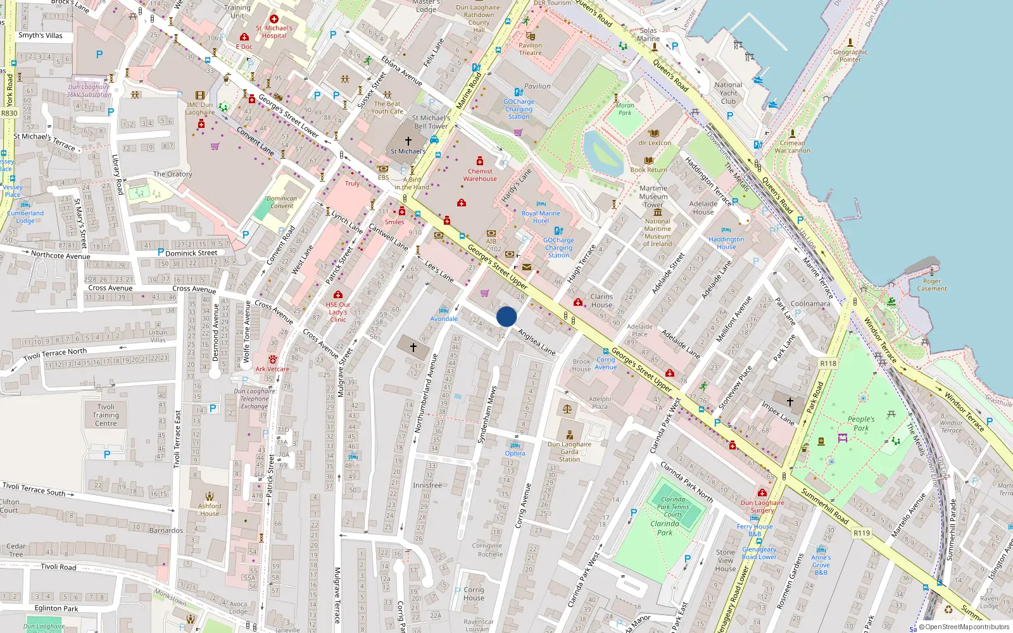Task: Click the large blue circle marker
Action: (x=507, y=316)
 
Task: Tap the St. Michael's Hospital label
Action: (x=274, y=32)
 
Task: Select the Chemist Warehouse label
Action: (x=480, y=175)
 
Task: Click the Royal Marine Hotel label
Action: (x=541, y=217)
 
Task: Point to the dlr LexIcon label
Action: (x=655, y=143)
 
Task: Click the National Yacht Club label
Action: (x=728, y=93)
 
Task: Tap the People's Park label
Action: (x=861, y=423)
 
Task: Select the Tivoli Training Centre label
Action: (x=106, y=415)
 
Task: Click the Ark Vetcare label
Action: (x=272, y=369)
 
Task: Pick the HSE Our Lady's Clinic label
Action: (x=338, y=312)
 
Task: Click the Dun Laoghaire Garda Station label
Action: (x=569, y=451)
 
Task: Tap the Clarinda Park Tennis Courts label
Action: (x=672, y=506)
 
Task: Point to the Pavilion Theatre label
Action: (x=530, y=49)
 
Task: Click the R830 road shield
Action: (x=9, y=113)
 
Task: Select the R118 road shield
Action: (x=828, y=363)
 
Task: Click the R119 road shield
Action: (x=862, y=533)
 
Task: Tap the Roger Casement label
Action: (x=932, y=285)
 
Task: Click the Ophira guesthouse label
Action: (x=515, y=453)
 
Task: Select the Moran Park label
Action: (x=625, y=110)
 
